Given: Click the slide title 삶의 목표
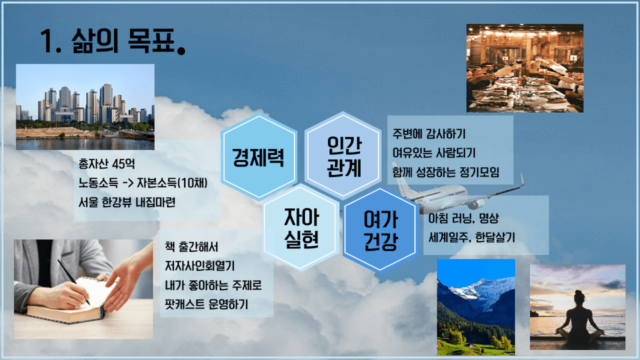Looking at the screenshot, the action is click(113, 41).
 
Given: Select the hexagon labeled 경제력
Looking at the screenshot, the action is click(259, 156).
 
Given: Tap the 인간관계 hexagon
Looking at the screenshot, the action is click(343, 156).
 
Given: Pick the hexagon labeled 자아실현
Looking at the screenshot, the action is click(301, 228).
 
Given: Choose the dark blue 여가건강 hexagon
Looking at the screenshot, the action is click(381, 230).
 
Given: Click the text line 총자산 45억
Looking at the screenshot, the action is click(106, 164).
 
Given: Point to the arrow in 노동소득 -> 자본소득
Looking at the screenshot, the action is click(128, 183).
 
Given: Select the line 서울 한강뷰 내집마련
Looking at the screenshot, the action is click(127, 202).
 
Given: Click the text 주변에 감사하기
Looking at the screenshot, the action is click(429, 134).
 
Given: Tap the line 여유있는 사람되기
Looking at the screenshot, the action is click(434, 153).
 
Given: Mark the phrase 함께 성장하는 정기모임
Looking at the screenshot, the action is click(446, 172).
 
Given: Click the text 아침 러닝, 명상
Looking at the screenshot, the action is click(464, 218).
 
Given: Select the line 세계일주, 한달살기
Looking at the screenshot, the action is click(472, 237).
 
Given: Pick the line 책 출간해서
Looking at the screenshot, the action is click(192, 247).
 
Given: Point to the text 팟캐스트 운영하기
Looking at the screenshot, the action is click(206, 304).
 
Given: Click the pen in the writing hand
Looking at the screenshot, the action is click(74, 282).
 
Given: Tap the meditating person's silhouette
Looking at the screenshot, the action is click(579, 318).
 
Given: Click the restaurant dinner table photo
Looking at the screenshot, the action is click(525, 68).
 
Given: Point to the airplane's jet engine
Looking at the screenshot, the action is click(475, 204).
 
